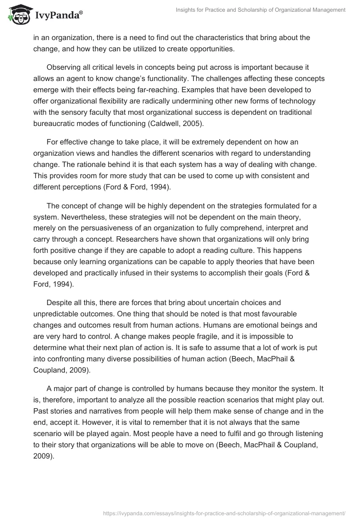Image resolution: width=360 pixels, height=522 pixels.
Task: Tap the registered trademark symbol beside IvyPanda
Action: point(81,11)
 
